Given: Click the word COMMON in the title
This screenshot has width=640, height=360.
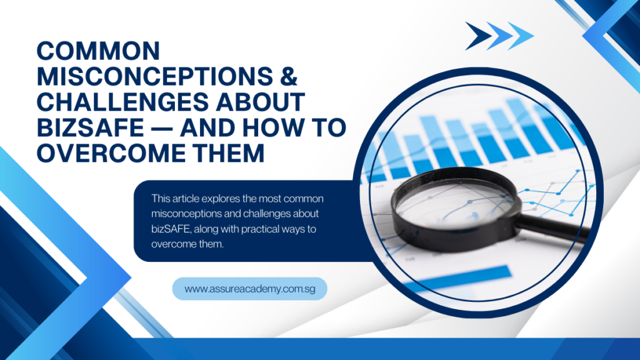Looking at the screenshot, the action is pyautogui.click(x=98, y=51).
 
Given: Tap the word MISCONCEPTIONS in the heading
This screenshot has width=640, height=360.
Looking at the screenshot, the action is pyautogui.click(x=155, y=76).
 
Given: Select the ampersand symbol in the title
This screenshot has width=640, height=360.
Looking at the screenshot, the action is pyautogui.click(x=289, y=76).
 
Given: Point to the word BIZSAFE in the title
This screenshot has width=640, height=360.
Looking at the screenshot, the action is pyautogui.click(x=90, y=127).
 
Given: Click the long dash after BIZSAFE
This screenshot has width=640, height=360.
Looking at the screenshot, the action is pyautogui.click(x=162, y=128).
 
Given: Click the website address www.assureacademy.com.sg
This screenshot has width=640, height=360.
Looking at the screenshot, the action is pyautogui.click(x=250, y=289).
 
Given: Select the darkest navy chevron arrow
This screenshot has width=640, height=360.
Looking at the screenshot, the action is pyautogui.click(x=478, y=36).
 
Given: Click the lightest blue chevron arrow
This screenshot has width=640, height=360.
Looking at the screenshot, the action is pyautogui.click(x=521, y=36).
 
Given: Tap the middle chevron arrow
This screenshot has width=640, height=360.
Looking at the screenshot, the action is pyautogui.click(x=499, y=36).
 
